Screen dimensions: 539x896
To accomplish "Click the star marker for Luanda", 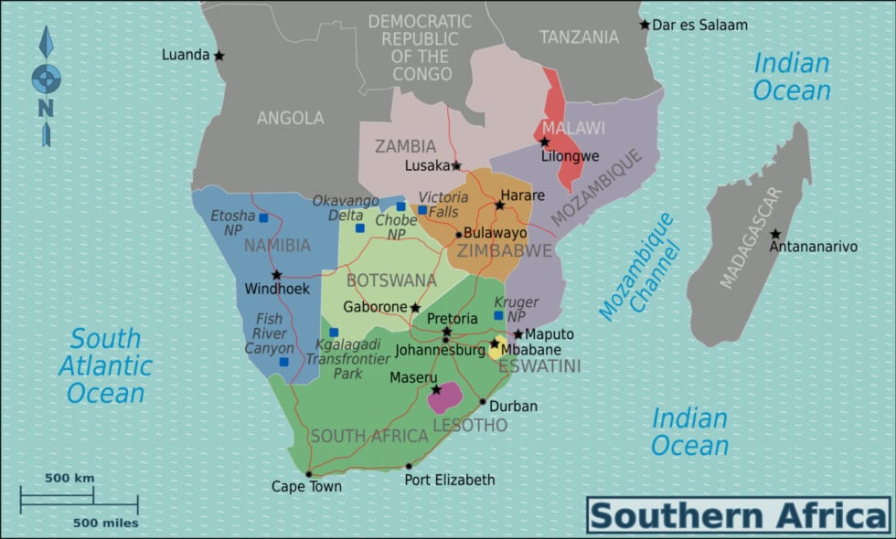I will click(219, 56).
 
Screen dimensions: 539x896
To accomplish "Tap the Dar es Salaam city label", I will click(699, 25).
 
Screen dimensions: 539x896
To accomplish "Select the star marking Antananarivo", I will click(775, 234).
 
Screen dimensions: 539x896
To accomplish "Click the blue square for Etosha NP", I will click(263, 218).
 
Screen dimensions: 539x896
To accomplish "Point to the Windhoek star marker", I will click(276, 274).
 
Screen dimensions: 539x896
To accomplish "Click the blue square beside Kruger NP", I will click(498, 315).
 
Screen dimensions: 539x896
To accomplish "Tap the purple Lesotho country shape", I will click(444, 397).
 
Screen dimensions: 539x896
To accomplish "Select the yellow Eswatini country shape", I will click(498, 348).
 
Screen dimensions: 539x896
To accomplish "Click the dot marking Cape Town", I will click(309, 474).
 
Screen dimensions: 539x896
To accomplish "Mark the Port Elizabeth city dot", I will click(409, 467).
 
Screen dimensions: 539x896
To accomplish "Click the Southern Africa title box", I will click(739, 515).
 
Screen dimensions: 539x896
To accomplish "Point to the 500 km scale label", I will click(69, 478).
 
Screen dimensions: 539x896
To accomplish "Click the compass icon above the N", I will click(46, 78).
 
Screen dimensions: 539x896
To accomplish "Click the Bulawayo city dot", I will click(459, 234).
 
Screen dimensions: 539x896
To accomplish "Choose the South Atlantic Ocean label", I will click(105, 365).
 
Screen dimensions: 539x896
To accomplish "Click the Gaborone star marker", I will click(415, 308).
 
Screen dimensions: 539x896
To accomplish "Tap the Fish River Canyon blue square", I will click(283, 362).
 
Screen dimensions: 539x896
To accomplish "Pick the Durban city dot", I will click(483, 401).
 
